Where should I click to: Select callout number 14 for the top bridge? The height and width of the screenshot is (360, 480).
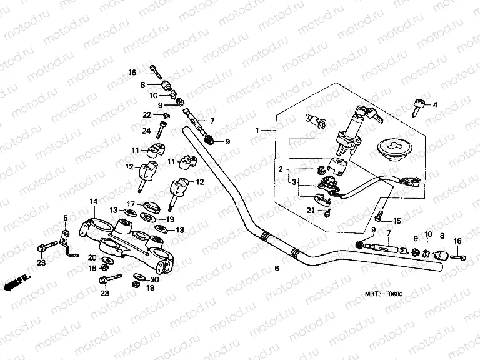click(x=93, y=201)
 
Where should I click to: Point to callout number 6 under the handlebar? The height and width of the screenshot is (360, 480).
click(x=275, y=269)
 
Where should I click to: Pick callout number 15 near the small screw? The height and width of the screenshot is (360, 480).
click(x=396, y=221)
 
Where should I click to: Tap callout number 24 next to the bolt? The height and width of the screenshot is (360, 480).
click(x=147, y=131)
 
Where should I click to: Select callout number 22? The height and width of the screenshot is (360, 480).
click(x=147, y=114)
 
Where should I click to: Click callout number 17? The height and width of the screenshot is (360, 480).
click(x=131, y=204)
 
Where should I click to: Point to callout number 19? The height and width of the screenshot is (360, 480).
click(x=170, y=219)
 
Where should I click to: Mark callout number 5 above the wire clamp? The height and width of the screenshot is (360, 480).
click(x=64, y=217)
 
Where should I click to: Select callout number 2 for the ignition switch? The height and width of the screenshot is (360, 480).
click(x=280, y=169)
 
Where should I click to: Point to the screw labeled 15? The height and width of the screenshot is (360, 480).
click(x=379, y=217)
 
